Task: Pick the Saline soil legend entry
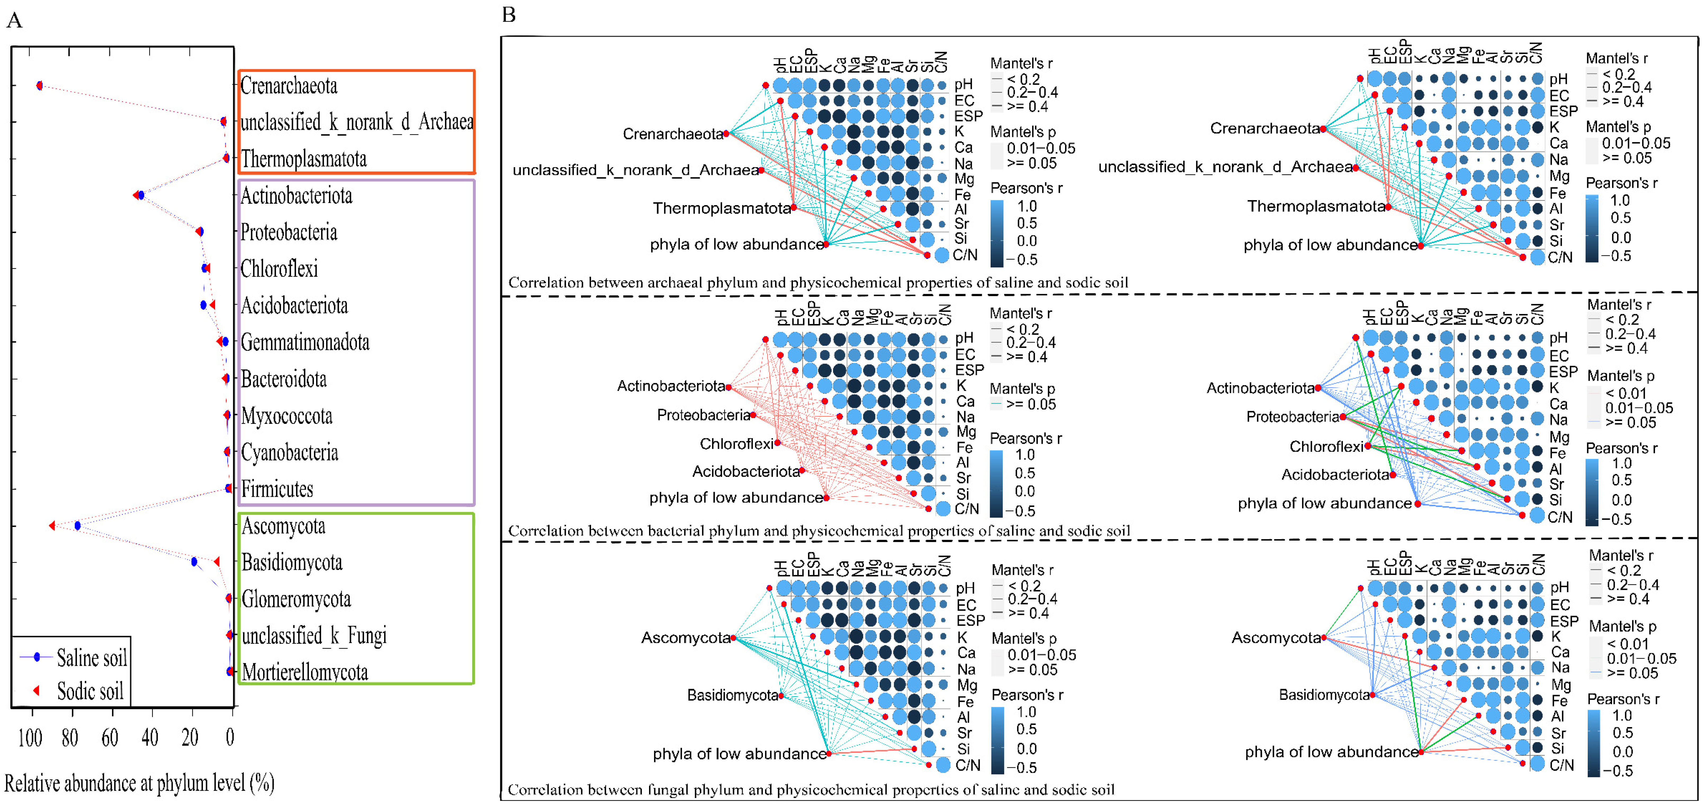(x=91, y=658)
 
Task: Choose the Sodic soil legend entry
(x=90, y=691)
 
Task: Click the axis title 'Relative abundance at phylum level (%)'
(x=139, y=783)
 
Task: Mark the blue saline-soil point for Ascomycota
(x=78, y=526)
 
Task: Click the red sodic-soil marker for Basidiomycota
(x=216, y=562)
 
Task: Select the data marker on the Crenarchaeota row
(x=40, y=86)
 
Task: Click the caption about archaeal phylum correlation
(x=818, y=282)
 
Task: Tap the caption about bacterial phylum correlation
(x=819, y=530)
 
